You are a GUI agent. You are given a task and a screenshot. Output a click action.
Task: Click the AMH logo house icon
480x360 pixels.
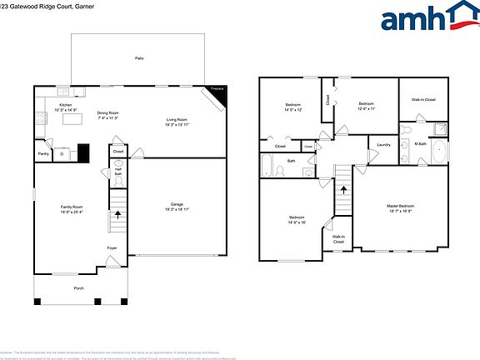(456, 17)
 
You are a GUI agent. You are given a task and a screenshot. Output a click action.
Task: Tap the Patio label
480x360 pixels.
(138, 58)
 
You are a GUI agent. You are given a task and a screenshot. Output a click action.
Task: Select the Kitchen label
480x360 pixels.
(66, 105)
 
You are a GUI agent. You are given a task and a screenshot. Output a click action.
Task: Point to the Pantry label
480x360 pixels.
(43, 153)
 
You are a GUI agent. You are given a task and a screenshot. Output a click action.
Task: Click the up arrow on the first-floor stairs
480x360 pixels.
(117, 214)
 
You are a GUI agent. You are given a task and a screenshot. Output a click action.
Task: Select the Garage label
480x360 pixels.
(176, 203)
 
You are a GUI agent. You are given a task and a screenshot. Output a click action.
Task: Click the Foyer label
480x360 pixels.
(111, 248)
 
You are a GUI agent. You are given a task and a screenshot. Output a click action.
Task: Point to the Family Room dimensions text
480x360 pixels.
(70, 212)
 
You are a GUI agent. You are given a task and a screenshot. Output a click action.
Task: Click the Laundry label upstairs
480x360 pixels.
(383, 145)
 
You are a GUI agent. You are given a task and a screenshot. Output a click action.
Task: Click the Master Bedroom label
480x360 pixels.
(401, 206)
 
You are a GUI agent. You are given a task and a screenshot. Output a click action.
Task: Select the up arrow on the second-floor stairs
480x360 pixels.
(342, 189)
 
